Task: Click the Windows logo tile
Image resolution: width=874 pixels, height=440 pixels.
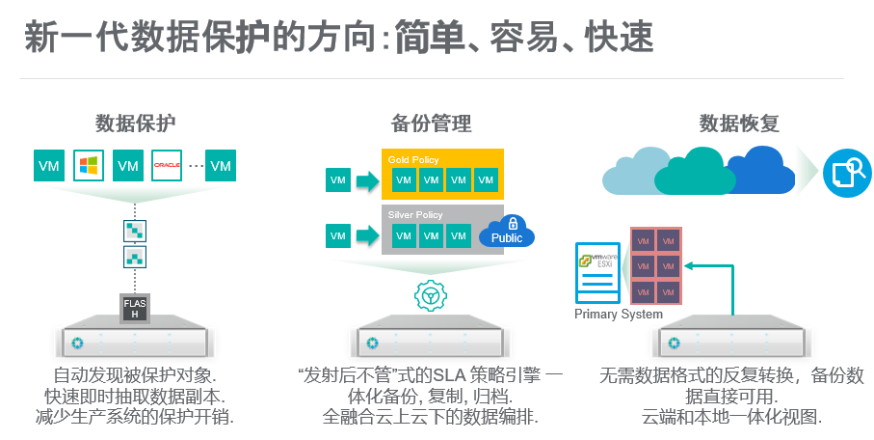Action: click(89, 165)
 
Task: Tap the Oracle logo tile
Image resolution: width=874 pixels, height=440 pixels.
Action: click(167, 165)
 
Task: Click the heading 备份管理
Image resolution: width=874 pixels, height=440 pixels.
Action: click(431, 124)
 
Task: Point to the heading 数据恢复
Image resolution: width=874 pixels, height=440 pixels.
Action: click(738, 124)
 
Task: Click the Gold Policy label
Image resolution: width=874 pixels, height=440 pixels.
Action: click(413, 158)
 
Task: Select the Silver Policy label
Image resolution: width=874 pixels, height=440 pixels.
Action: click(415, 214)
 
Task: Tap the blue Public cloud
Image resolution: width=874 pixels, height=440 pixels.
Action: click(507, 236)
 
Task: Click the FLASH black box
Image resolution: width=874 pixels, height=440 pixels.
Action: click(135, 308)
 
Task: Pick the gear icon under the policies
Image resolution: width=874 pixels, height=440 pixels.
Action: click(430, 295)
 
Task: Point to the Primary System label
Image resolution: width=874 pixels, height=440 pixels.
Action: click(619, 314)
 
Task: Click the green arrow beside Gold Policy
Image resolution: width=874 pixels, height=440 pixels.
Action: click(366, 180)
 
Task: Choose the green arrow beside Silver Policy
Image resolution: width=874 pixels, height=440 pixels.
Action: click(366, 235)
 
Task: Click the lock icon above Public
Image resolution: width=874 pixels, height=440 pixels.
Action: click(512, 223)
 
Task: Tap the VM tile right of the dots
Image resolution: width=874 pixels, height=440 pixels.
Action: click(221, 165)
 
